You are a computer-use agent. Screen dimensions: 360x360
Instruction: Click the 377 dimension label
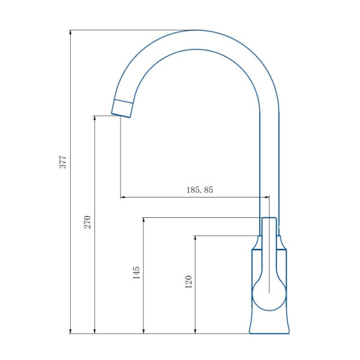[x=62, y=162]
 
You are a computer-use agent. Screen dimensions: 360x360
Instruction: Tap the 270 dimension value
[x=88, y=222]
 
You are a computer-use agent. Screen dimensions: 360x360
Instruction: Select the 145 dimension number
[x=136, y=272]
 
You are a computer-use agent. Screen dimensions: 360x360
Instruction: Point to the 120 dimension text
[x=188, y=282]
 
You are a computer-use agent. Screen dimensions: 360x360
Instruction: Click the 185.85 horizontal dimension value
[x=200, y=190]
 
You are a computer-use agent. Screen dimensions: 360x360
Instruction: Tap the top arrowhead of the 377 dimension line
[x=70, y=33]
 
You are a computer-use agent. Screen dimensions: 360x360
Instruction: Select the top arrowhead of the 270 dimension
[x=94, y=119]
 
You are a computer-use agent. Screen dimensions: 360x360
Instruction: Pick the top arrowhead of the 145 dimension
[x=143, y=221]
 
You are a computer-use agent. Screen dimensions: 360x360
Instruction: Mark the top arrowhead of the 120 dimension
[x=195, y=239]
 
